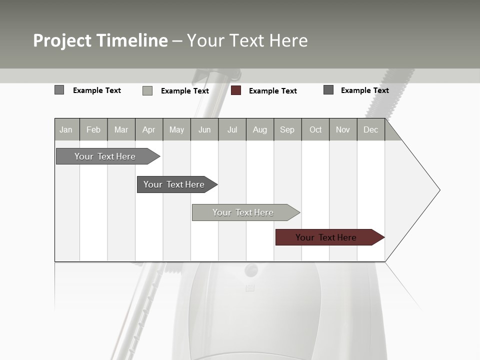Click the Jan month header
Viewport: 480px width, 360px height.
click(66, 129)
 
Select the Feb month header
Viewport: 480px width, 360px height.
click(93, 129)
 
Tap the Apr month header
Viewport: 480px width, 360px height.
click(149, 129)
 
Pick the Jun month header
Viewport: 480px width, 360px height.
click(204, 129)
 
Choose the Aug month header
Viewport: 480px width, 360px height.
click(260, 129)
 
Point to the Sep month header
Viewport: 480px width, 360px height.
click(287, 129)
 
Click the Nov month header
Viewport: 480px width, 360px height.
click(343, 129)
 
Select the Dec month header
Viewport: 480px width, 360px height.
click(371, 129)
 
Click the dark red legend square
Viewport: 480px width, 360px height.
click(236, 90)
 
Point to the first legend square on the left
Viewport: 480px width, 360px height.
click(59, 90)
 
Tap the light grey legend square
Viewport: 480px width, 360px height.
click(147, 90)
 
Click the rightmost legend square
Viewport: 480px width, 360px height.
click(328, 90)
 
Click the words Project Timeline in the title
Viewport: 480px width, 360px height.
click(100, 40)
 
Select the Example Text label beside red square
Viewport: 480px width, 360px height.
click(273, 91)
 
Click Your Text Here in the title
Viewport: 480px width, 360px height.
click(247, 40)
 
